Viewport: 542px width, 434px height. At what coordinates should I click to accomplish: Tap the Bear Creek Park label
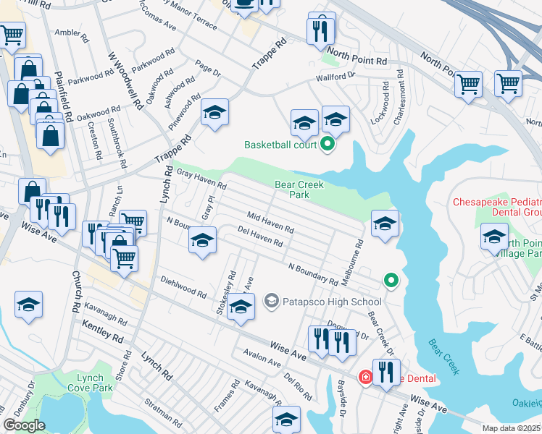click(299, 190)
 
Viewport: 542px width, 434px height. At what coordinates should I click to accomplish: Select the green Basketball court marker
click(328, 145)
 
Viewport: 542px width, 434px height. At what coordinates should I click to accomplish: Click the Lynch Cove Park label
click(93, 383)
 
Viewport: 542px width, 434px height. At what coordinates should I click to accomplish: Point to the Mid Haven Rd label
click(270, 221)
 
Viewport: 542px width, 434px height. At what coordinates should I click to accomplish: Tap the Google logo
click(24, 425)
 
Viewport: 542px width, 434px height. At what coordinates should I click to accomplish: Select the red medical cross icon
click(365, 378)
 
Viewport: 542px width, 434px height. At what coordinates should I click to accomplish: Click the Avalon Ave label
click(262, 359)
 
